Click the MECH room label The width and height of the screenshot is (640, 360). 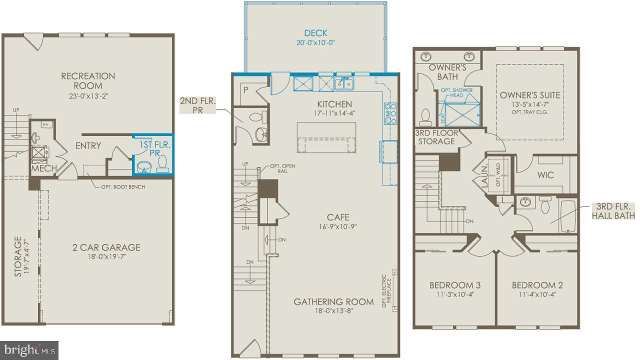pos(44,168)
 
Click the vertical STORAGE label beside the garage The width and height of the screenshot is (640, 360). pos(19,257)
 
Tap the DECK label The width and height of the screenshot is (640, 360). pos(315,33)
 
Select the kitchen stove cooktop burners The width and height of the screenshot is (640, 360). pos(390,113)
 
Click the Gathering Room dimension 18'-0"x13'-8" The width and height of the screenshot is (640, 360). pos(333,311)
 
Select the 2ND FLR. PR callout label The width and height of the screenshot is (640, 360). pos(197,105)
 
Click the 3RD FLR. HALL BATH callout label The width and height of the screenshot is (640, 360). pos(613,211)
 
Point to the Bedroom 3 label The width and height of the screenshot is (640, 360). pos(455,285)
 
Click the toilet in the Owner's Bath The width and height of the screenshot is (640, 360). pos(425,117)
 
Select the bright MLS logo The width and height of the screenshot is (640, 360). pos(29,349)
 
